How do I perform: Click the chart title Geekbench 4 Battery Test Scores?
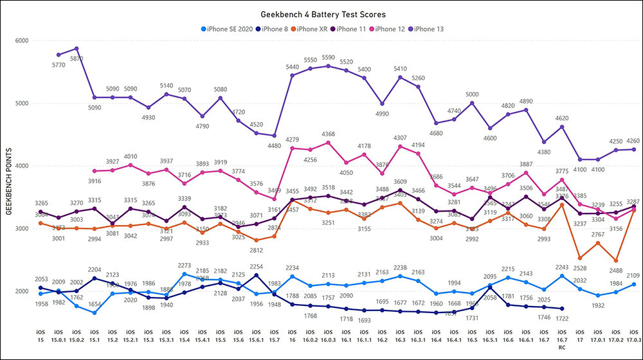click(x=321, y=14)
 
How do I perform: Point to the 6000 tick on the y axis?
click(x=21, y=40)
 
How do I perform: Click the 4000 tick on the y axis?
click(x=21, y=166)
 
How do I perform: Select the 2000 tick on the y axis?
click(x=21, y=291)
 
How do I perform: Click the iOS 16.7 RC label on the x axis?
click(x=562, y=339)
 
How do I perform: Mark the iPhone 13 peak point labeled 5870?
click(x=77, y=48)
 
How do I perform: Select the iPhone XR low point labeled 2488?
click(x=616, y=260)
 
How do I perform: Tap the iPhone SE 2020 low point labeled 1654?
click(x=95, y=312)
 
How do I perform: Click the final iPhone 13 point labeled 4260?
click(x=634, y=149)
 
